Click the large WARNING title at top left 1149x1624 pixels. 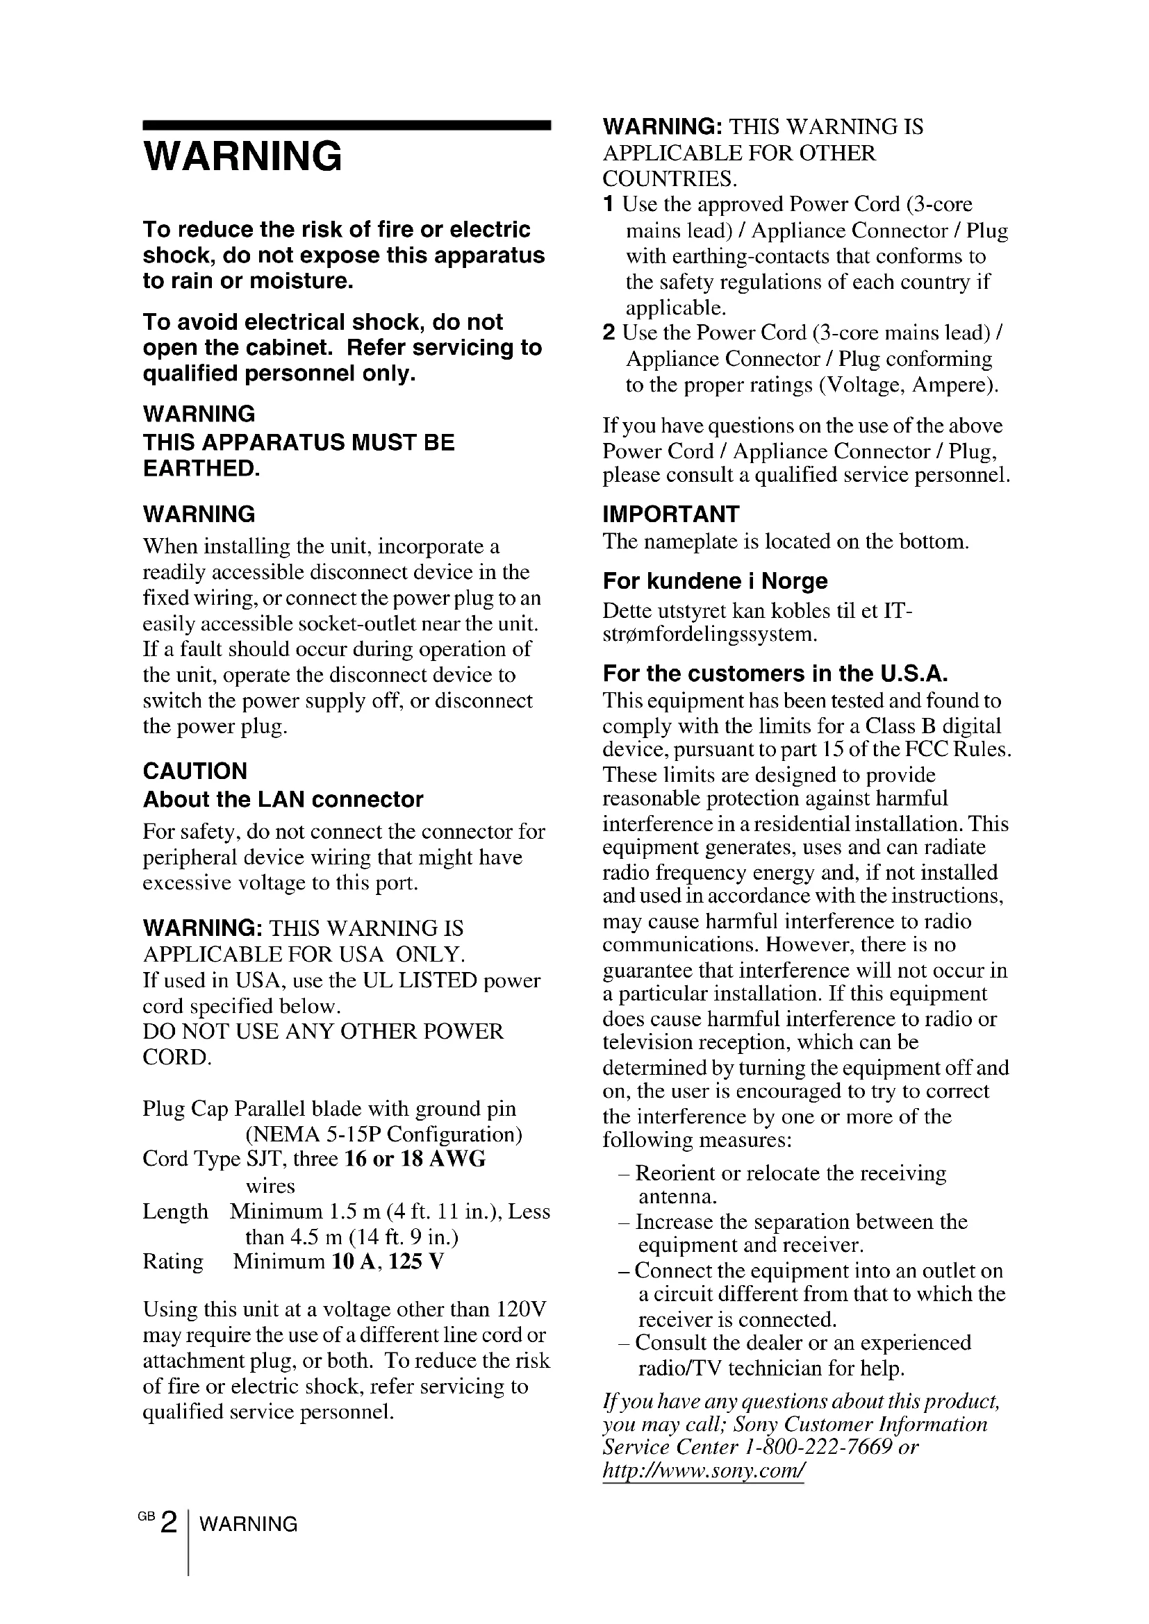point(242,156)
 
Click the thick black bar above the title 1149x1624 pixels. point(347,125)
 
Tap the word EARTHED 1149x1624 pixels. point(201,468)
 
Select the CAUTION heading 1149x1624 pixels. point(195,770)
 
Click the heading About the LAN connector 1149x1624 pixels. point(283,799)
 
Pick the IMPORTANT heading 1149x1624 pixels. point(671,514)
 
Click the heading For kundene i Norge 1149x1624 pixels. point(715,580)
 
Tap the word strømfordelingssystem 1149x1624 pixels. point(709,635)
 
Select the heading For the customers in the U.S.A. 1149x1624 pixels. point(775,673)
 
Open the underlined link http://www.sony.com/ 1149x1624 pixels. point(703,1472)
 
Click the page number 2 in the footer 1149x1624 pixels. point(168,1522)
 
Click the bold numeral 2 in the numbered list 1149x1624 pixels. point(609,333)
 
